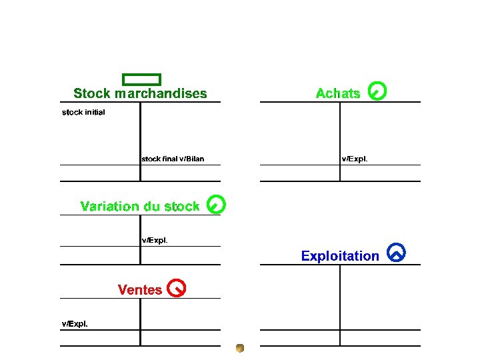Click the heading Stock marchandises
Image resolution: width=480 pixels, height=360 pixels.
click(140, 94)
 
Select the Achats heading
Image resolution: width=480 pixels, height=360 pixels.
click(338, 94)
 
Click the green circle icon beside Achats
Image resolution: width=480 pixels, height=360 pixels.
click(377, 91)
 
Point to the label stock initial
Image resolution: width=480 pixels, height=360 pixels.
click(83, 112)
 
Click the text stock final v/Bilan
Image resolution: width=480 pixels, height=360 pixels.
click(173, 159)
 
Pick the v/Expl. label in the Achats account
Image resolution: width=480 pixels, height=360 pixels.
click(354, 159)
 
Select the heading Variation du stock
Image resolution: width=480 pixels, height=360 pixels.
click(139, 207)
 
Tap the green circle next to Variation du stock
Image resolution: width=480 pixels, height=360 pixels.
click(216, 204)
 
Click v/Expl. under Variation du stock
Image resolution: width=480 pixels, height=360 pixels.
click(154, 240)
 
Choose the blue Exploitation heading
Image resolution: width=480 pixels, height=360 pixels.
click(340, 256)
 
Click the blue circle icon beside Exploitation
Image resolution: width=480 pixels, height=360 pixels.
click(396, 253)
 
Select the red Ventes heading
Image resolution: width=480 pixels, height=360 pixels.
click(140, 290)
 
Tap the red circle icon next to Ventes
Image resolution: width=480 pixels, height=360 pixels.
click(177, 287)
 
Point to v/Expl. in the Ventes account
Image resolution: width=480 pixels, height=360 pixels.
click(75, 324)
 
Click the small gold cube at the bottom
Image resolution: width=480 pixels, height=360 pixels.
click(240, 347)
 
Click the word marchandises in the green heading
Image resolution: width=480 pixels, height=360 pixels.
click(161, 94)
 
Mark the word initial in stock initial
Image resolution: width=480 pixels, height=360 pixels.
click(95, 112)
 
